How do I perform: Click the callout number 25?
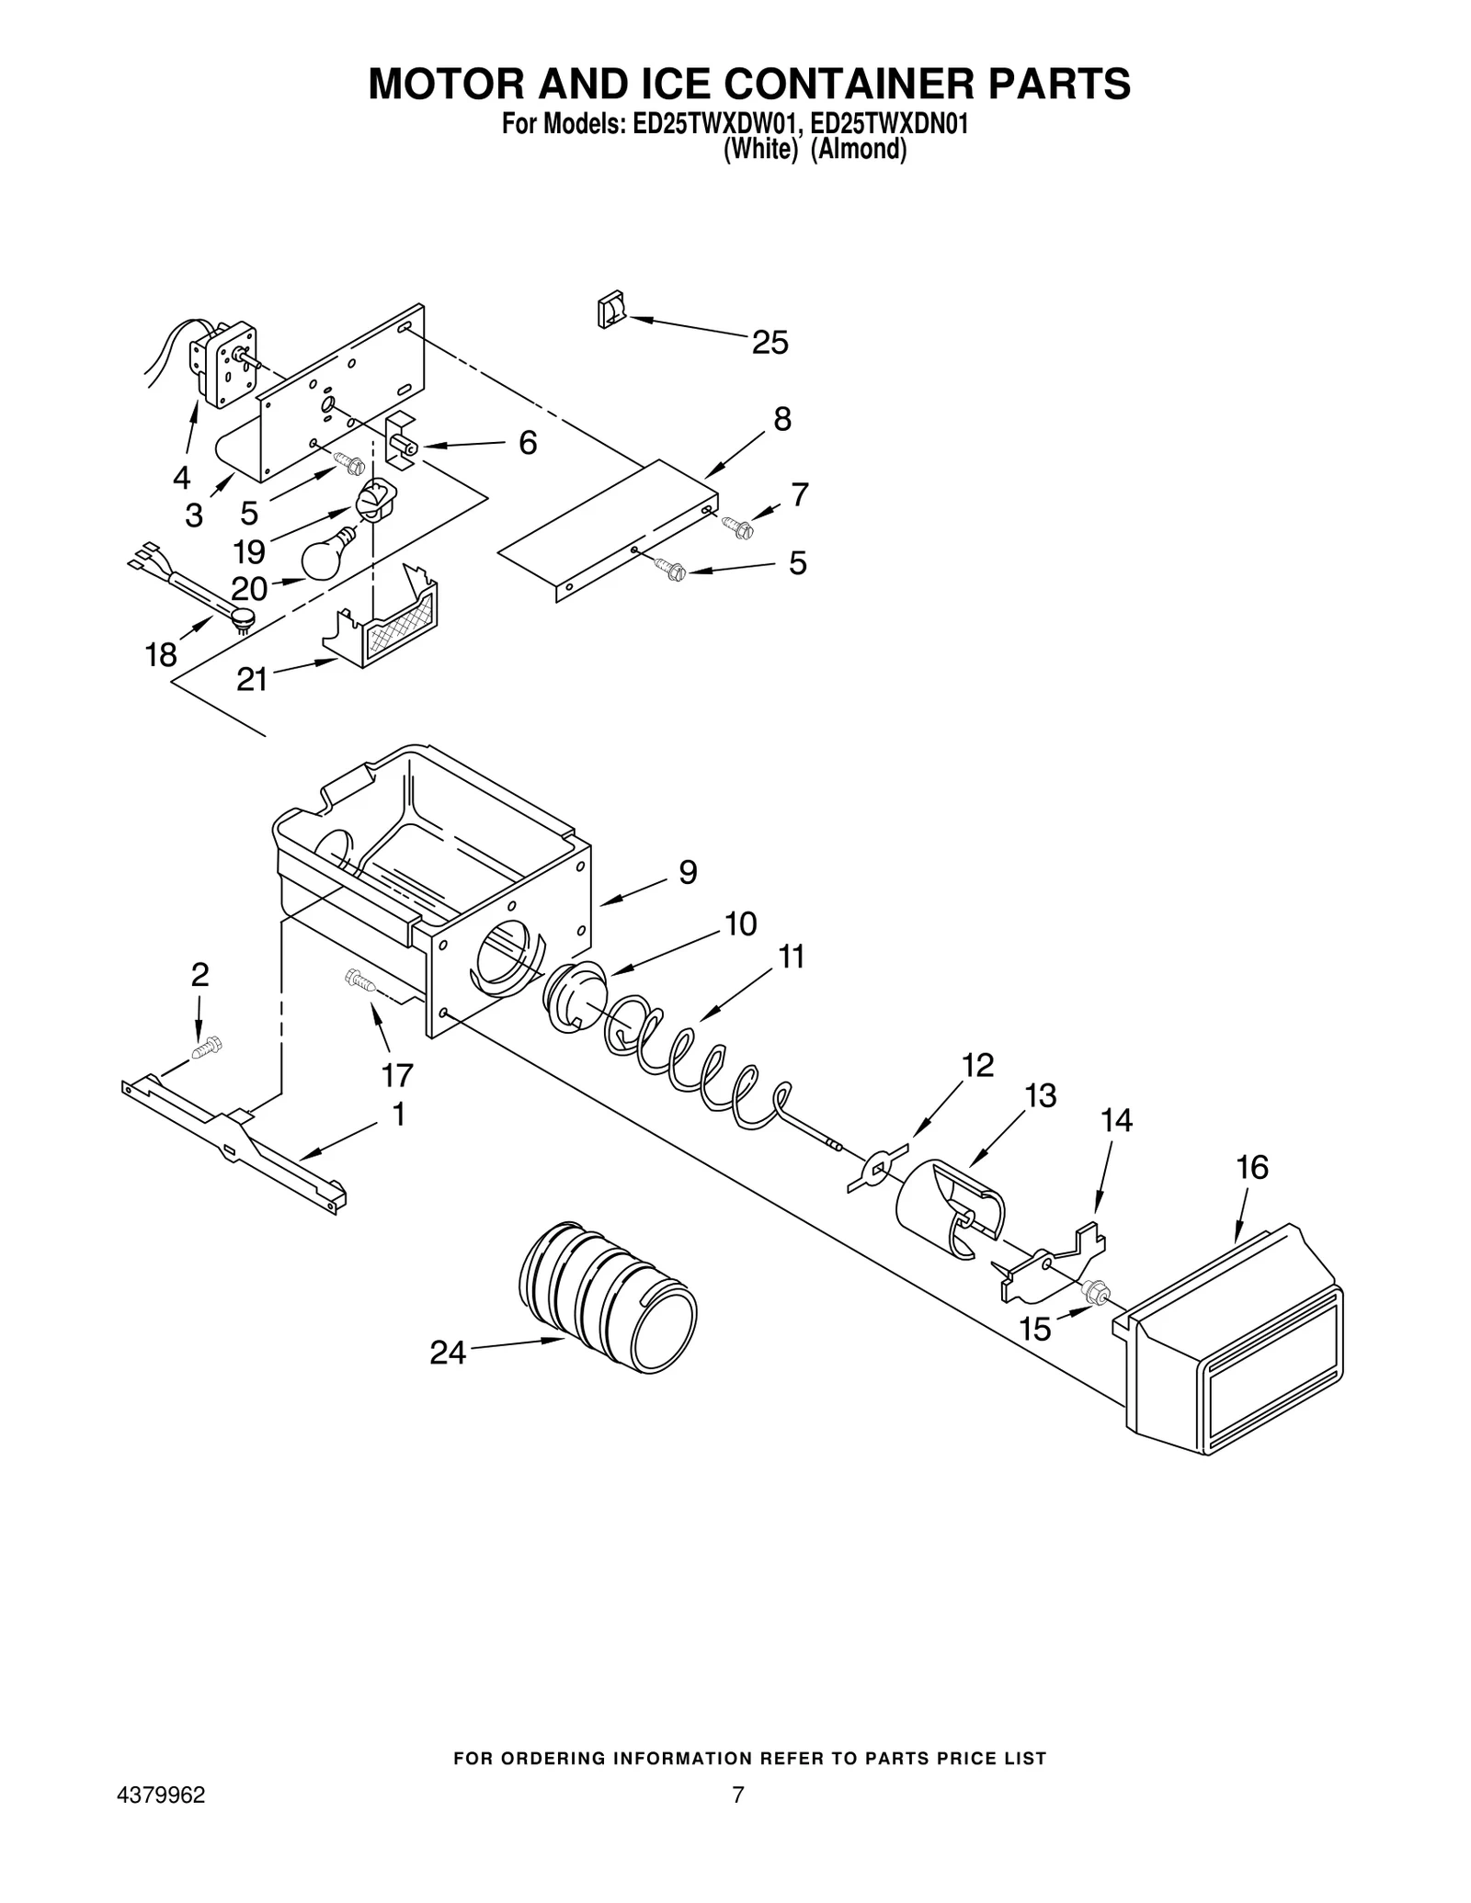click(x=770, y=343)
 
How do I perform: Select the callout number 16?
click(x=1252, y=1167)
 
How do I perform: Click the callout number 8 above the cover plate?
click(x=781, y=419)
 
